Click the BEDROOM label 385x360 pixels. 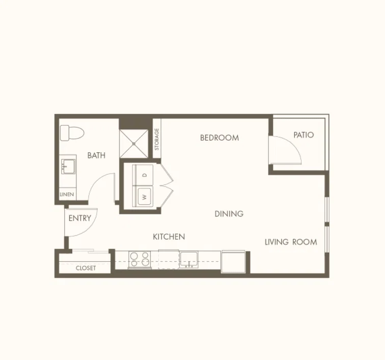click(219, 138)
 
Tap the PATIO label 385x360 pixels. click(304, 135)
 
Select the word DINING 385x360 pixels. click(229, 214)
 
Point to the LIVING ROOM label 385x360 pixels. click(291, 242)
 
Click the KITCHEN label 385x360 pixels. click(169, 237)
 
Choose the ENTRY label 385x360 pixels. click(80, 218)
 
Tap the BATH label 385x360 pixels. click(96, 155)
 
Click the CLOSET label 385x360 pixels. click(86, 268)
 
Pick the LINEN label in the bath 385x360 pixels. click(67, 195)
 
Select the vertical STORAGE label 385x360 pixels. click(157, 139)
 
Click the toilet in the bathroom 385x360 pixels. click(72, 133)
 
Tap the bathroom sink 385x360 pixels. click(68, 167)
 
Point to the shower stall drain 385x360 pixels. click(134, 144)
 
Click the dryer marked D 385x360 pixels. click(143, 175)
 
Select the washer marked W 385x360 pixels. click(143, 197)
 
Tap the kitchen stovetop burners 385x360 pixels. click(140, 260)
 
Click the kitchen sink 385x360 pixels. click(189, 259)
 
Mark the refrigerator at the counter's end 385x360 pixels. click(233, 262)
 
